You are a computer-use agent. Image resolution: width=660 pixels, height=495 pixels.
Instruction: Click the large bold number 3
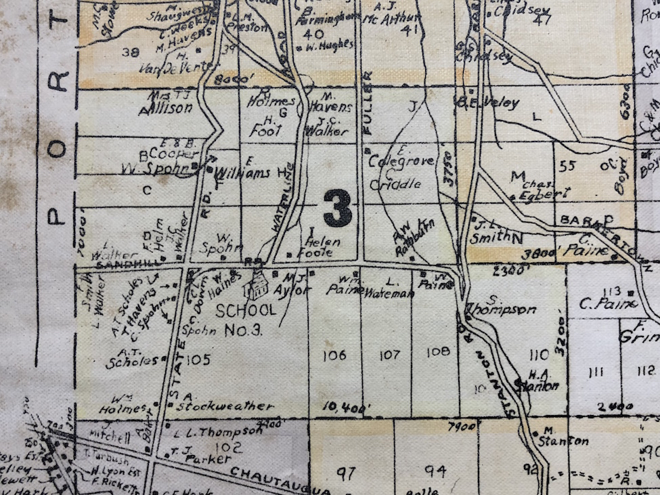337,208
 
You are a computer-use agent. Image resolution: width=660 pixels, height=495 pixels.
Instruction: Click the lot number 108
439,351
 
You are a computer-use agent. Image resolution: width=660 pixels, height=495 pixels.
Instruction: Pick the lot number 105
198,359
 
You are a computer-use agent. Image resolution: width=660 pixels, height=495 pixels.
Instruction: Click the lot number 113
597,290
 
